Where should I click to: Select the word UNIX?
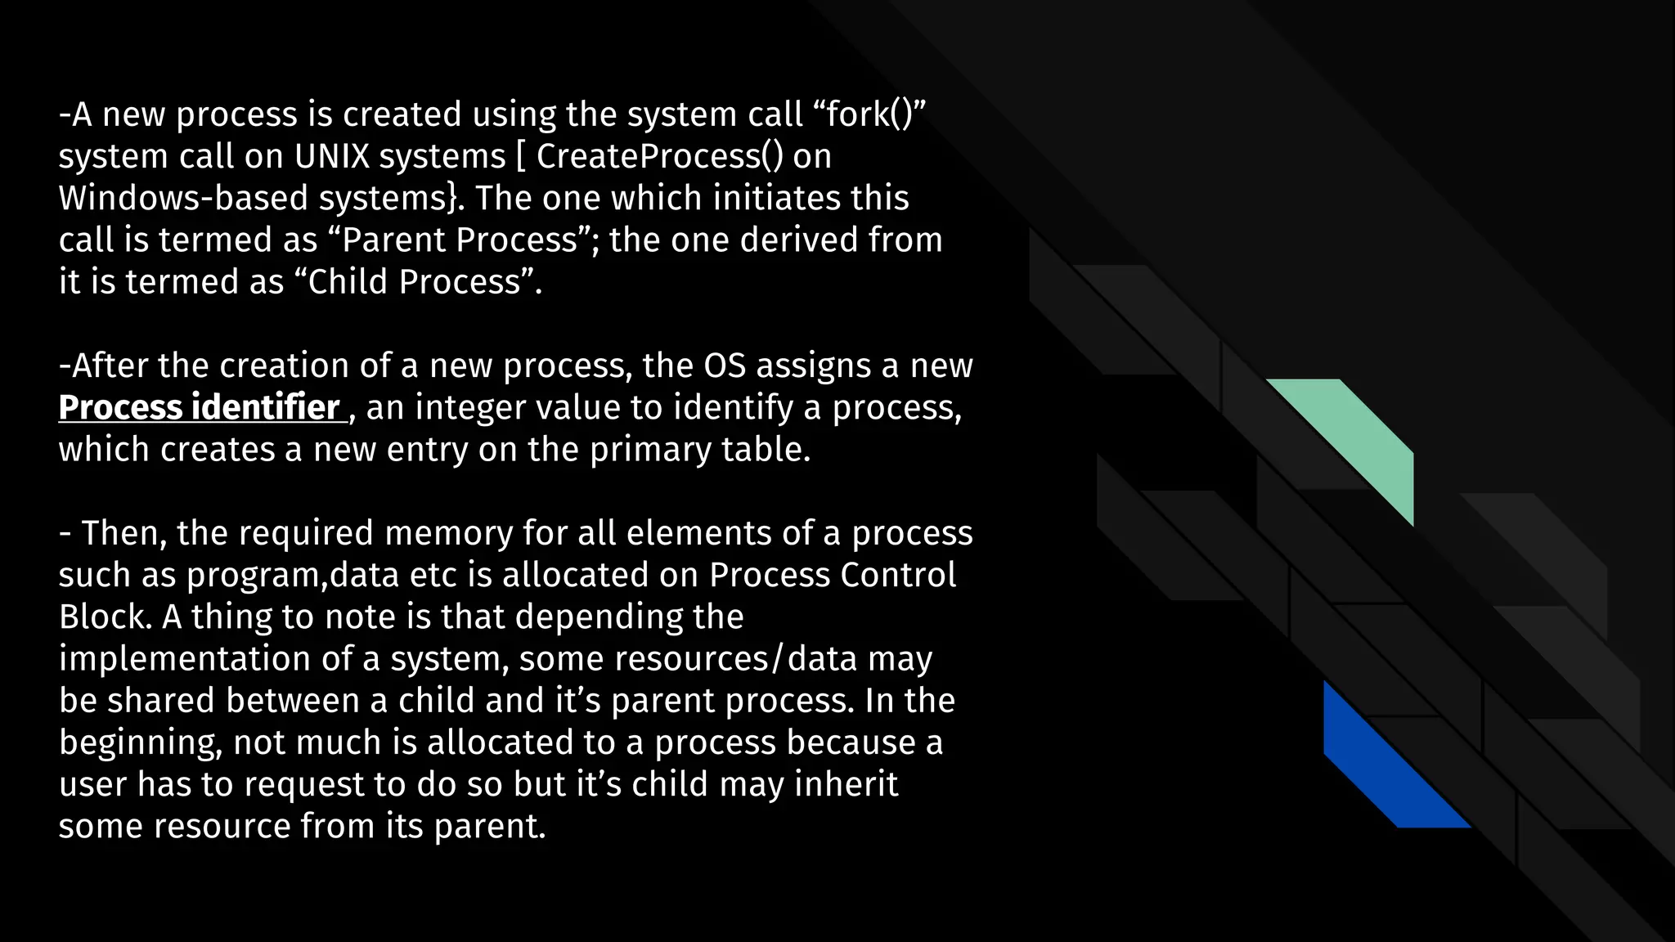pos(331,156)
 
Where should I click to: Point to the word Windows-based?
pos(182,198)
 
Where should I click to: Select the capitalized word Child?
pos(347,282)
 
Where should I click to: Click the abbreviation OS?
pos(725,366)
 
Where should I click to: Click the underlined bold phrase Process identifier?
pos(200,407)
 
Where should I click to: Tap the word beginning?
pos(141,742)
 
